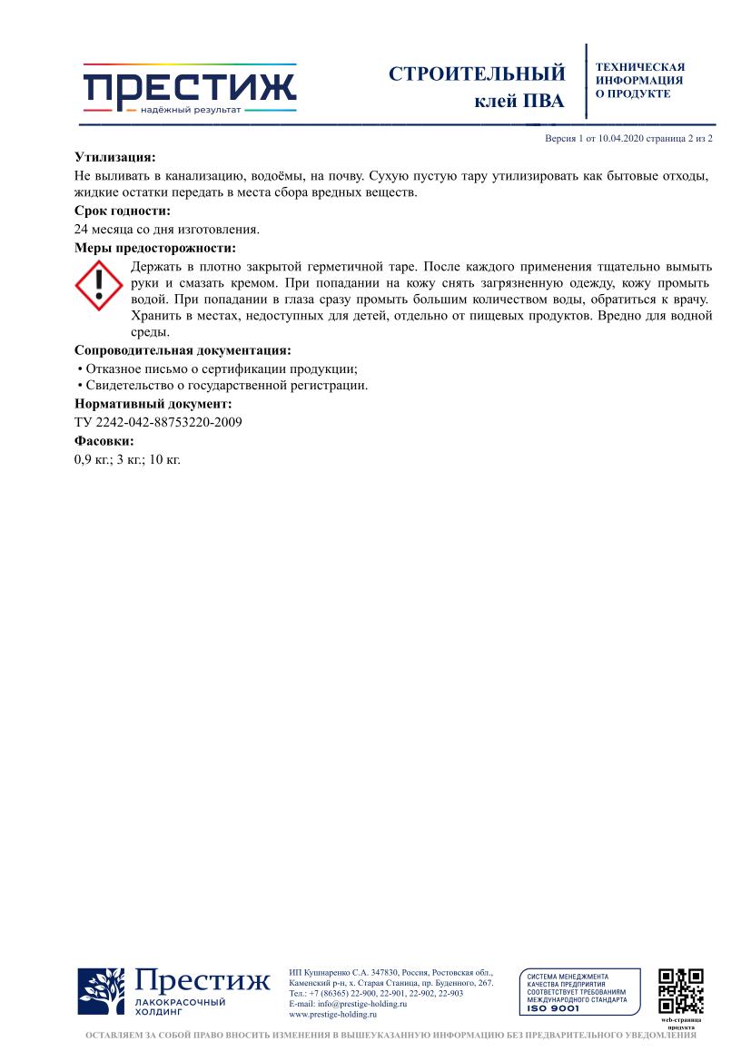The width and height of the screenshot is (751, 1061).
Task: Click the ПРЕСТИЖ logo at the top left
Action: coord(190,89)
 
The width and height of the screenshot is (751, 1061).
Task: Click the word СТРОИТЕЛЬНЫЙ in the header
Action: coord(477,74)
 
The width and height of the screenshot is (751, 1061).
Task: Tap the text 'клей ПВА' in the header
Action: coord(519,101)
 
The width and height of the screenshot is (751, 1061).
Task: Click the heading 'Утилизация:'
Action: coord(114,157)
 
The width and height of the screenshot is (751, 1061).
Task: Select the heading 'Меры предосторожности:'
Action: coord(154,247)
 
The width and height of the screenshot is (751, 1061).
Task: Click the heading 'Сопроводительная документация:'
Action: coord(183,349)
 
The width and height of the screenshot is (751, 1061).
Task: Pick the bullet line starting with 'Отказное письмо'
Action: coord(218,368)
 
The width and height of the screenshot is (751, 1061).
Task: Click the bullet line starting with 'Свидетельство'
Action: coord(222,386)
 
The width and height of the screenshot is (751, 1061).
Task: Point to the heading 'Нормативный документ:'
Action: coord(153,403)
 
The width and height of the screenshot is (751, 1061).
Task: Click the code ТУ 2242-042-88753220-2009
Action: coord(158,422)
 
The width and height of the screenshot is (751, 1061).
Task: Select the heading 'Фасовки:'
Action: coord(104,440)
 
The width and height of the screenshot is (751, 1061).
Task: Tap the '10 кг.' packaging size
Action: coord(165,458)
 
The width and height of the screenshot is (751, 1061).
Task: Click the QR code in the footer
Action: coord(680,991)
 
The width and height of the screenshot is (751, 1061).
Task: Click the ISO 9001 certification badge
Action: coord(578,991)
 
